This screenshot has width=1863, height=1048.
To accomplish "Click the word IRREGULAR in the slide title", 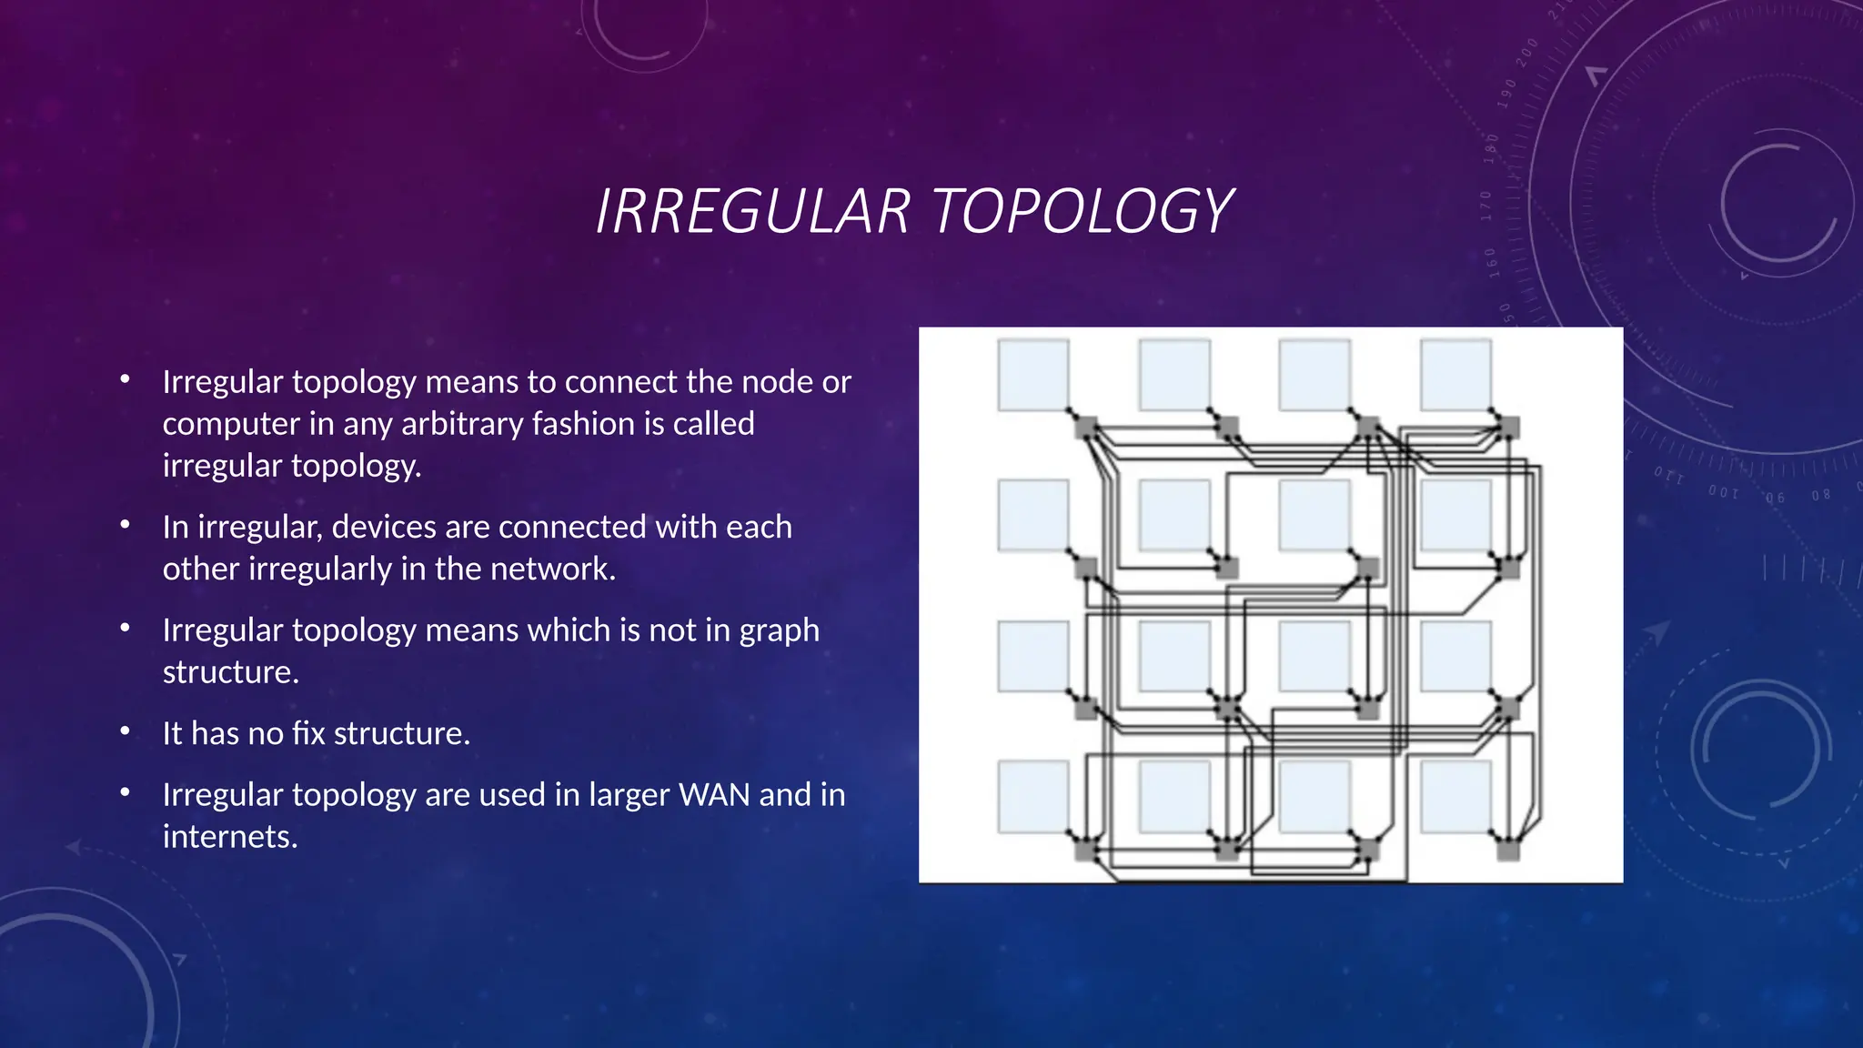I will click(753, 211).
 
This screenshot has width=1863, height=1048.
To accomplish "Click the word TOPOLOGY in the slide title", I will click(1082, 211).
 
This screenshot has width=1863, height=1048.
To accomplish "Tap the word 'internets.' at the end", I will click(230, 837).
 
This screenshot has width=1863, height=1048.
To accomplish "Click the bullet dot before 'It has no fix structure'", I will click(126, 731).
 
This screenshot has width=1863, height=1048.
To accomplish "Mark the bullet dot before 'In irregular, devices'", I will click(126, 524).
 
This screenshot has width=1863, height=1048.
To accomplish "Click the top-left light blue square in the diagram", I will click(1032, 375).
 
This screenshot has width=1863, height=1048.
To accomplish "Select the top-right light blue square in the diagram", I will click(1455, 375).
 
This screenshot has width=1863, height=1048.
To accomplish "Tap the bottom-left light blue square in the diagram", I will click(1032, 797).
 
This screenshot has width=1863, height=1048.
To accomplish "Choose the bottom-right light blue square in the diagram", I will click(1455, 797).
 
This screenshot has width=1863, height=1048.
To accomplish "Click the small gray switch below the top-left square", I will click(1086, 427).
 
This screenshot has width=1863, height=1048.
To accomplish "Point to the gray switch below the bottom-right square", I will click(1508, 850).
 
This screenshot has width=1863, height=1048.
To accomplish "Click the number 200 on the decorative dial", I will click(1527, 52).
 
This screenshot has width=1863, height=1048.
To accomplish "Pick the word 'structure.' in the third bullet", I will click(230, 672).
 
